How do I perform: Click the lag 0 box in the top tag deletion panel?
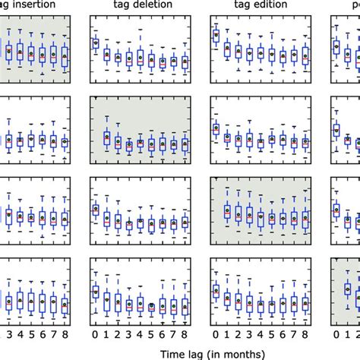[x=96, y=44]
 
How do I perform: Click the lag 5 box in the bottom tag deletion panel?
[x=152, y=306]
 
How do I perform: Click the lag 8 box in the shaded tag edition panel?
[x=305, y=217]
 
